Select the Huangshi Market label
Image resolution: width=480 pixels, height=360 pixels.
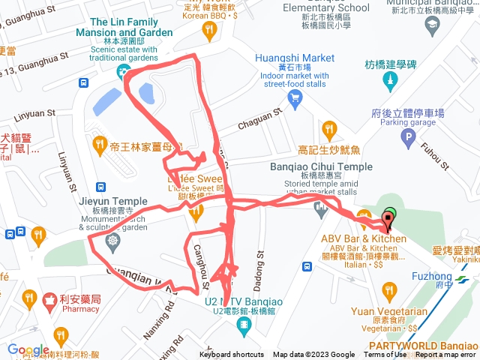click(x=295, y=57)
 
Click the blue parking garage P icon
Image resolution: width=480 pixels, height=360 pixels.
click(x=408, y=137)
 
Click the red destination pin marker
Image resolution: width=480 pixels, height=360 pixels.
click(x=388, y=220)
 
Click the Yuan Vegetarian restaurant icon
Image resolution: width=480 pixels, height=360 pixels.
click(x=388, y=288)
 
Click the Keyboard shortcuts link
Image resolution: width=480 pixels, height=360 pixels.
click(x=231, y=355)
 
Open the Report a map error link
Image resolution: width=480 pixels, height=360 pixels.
click(x=445, y=355)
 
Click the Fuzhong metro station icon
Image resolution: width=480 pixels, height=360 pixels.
click(x=464, y=276)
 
